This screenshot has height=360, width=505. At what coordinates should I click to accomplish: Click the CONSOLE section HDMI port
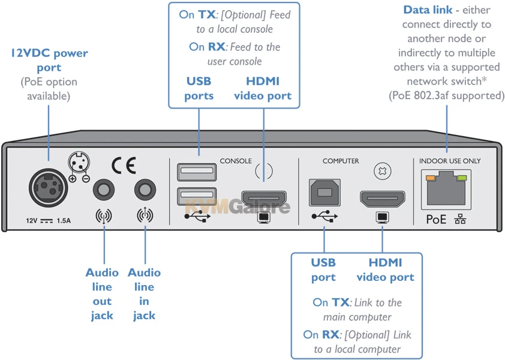263,199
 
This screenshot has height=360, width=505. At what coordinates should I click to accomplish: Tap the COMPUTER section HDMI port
382,199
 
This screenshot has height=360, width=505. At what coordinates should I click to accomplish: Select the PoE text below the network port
436,219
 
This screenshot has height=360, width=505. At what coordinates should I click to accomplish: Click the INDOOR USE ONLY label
450,161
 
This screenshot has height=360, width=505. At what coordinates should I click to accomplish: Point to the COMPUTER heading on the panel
341,161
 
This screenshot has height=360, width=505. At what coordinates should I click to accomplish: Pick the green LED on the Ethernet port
462,177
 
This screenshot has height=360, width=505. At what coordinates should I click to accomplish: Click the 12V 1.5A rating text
48,221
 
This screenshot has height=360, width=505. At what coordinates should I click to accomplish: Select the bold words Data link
428,10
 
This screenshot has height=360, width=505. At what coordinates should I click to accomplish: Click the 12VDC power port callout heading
49,60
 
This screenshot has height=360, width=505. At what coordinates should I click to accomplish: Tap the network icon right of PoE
460,220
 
